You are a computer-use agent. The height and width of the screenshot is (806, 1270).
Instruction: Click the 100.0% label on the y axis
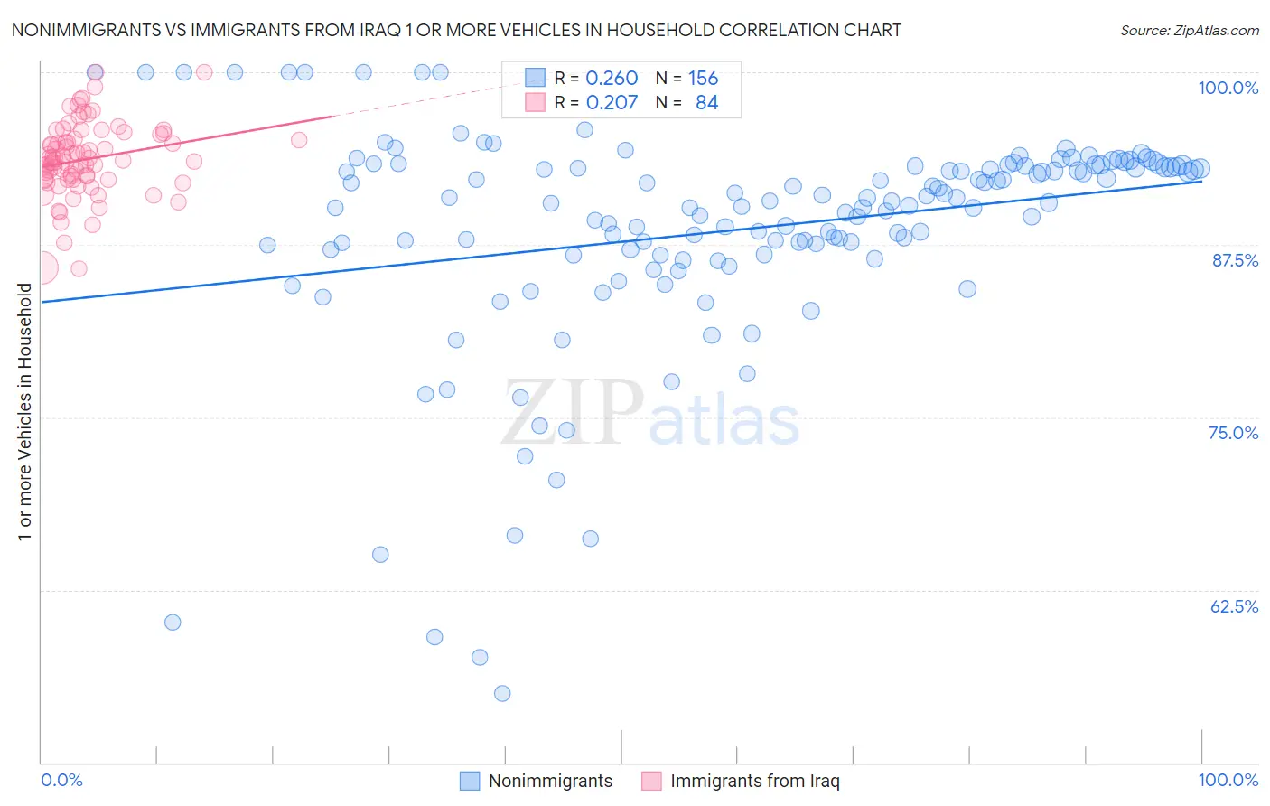(x=1228, y=88)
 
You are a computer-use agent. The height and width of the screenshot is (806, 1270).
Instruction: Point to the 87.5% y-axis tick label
(x=1235, y=260)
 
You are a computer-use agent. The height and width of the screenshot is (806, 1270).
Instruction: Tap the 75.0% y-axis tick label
(x=1233, y=433)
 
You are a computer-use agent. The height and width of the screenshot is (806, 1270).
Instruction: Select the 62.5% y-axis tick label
(x=1234, y=606)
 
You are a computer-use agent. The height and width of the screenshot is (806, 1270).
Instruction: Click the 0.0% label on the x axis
(x=61, y=780)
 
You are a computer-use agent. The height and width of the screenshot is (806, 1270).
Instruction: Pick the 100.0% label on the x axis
(x=1228, y=780)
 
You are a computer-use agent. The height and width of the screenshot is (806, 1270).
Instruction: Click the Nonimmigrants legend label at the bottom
(x=550, y=781)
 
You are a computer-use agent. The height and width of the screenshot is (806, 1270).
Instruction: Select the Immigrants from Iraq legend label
(x=754, y=781)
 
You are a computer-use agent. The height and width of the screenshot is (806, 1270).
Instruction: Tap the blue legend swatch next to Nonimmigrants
(x=470, y=781)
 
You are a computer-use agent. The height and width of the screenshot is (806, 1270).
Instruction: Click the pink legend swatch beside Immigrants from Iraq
(x=651, y=781)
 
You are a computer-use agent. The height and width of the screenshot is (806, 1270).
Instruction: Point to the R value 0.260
(x=612, y=79)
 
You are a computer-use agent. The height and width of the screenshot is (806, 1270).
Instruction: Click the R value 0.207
(x=612, y=103)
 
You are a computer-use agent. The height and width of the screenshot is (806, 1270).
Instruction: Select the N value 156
(x=703, y=79)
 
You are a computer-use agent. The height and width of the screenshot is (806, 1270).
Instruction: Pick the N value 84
(x=706, y=103)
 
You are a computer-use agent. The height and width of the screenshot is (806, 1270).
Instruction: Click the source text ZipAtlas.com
(x=1189, y=30)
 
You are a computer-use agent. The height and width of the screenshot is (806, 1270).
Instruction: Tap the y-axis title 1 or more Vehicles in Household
(x=25, y=412)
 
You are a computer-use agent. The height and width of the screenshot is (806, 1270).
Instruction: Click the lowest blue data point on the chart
(x=502, y=693)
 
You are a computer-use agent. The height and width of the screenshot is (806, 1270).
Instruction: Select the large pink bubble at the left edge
(x=41, y=267)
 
